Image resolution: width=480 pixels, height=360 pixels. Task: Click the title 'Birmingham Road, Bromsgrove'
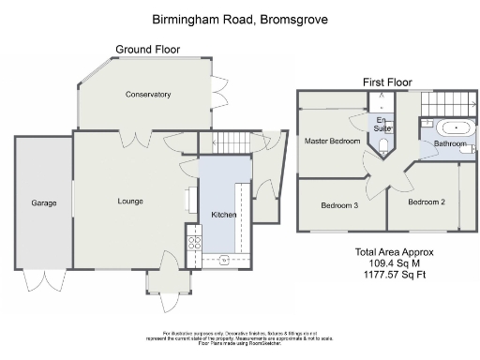(x=240, y=19)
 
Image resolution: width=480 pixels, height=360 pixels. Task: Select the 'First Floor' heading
(x=388, y=82)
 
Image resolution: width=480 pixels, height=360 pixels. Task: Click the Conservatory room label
(x=148, y=95)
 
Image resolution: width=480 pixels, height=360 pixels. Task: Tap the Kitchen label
(x=223, y=216)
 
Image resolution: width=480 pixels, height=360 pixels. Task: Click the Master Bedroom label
(x=333, y=142)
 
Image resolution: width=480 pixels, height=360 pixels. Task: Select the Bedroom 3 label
(x=339, y=205)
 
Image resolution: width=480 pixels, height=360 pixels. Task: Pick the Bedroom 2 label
(x=426, y=202)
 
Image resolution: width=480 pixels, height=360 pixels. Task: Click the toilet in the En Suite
(x=385, y=144)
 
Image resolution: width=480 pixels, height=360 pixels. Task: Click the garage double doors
(x=43, y=279)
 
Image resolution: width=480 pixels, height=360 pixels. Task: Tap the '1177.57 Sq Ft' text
(x=395, y=276)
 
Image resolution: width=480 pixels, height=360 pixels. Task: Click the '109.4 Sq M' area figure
(x=394, y=264)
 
